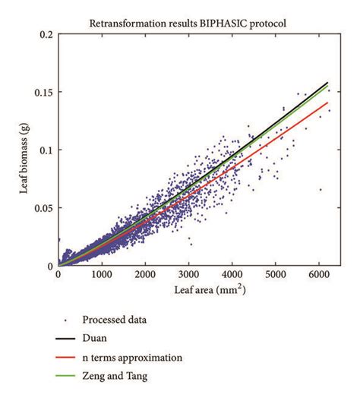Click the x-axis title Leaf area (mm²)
click(x=197, y=290)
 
